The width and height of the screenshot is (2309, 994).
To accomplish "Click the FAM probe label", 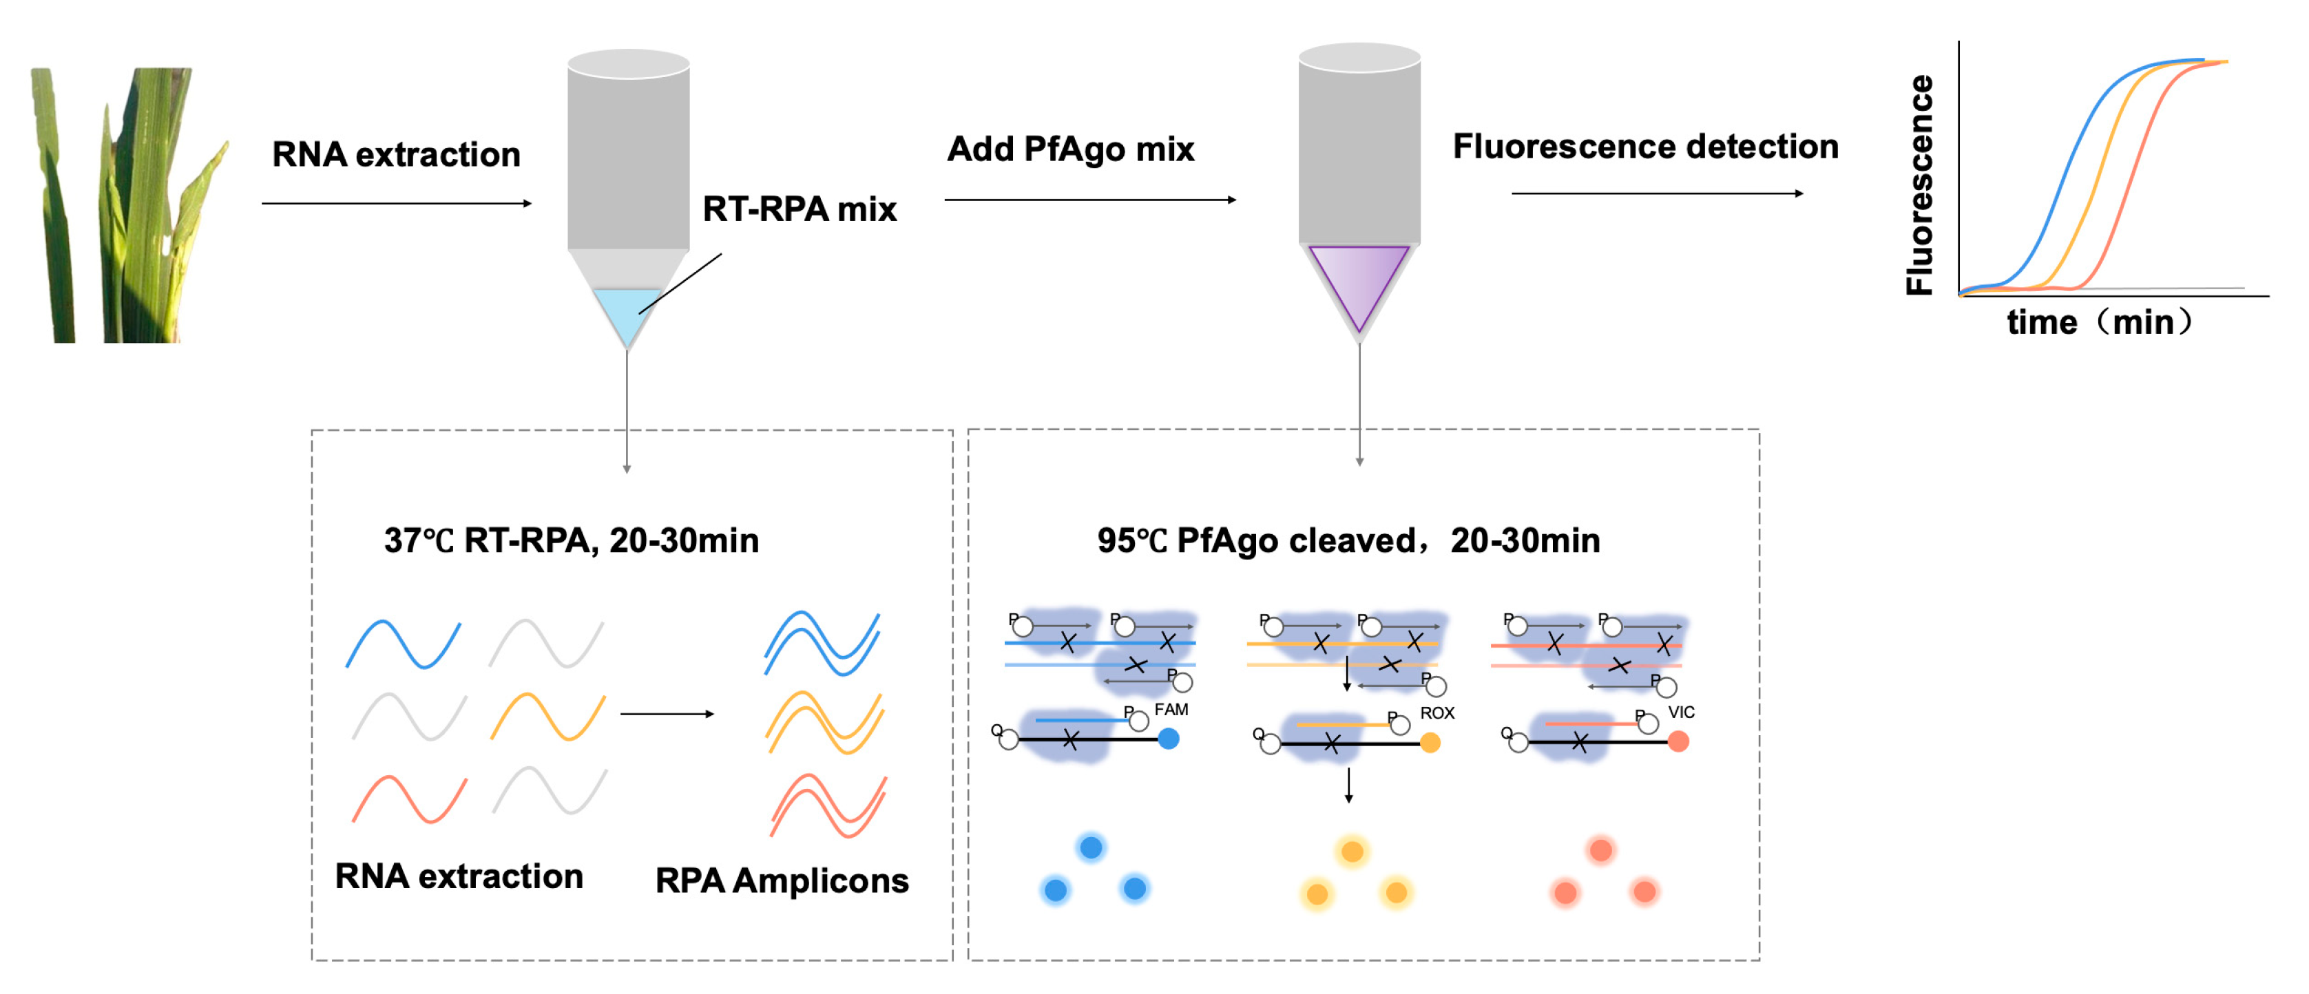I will click(1171, 709).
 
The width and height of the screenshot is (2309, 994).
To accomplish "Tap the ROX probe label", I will click(1437, 712).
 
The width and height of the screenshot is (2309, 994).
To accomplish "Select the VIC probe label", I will click(1681, 712).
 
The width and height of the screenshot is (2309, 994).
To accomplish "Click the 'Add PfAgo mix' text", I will click(1070, 149).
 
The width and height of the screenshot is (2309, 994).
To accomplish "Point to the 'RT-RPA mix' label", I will click(799, 209).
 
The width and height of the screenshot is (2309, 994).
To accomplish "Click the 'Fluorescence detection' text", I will click(1644, 146).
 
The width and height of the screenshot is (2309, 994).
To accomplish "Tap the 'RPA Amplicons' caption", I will click(782, 880).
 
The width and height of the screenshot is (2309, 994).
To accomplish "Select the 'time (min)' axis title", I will click(2098, 321).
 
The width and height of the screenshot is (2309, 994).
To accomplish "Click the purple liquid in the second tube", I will click(1359, 278).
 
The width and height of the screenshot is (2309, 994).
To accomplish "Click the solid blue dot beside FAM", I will click(1168, 739).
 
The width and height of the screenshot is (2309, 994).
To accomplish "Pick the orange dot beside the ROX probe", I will click(1430, 742).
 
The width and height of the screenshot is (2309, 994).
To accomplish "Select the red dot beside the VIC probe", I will click(1678, 741).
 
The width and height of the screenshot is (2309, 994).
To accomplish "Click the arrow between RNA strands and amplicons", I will click(667, 713).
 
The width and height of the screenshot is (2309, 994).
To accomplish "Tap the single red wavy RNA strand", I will click(409, 799).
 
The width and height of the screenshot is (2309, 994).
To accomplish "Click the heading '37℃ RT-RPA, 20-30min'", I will click(571, 540).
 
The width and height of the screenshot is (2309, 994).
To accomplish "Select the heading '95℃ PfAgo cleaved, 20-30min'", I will click(1348, 540).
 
